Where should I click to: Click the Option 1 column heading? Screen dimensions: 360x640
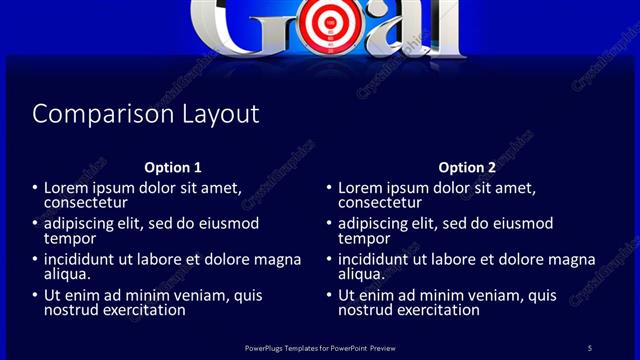pyautogui.click(x=173, y=167)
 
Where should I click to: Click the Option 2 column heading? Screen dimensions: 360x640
pyautogui.click(x=467, y=167)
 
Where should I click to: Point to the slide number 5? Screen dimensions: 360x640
pyautogui.click(x=590, y=347)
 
